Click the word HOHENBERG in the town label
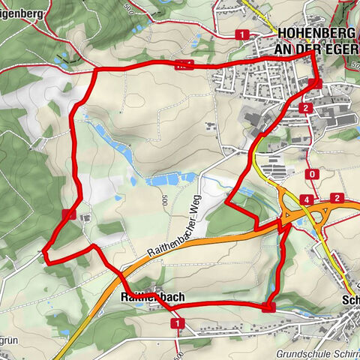pyautogui.click(x=314, y=34)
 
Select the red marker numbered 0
pyautogui.click(x=311, y=174)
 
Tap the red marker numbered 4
pyautogui.click(x=305, y=199)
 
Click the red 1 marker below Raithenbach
pyautogui.click(x=178, y=323)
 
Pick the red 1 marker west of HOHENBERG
pyautogui.click(x=241, y=34)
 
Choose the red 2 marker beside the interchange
pyautogui.click(x=338, y=198)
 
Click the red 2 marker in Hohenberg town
pyautogui.click(x=305, y=108)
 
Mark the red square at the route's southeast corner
pyautogui.click(x=269, y=306)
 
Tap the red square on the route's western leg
pyautogui.click(x=68, y=214)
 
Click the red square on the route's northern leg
pyautogui.click(x=184, y=65)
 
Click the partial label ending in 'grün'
pyautogui.click(x=7, y=340)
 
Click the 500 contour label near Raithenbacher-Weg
pyautogui.click(x=162, y=197)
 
